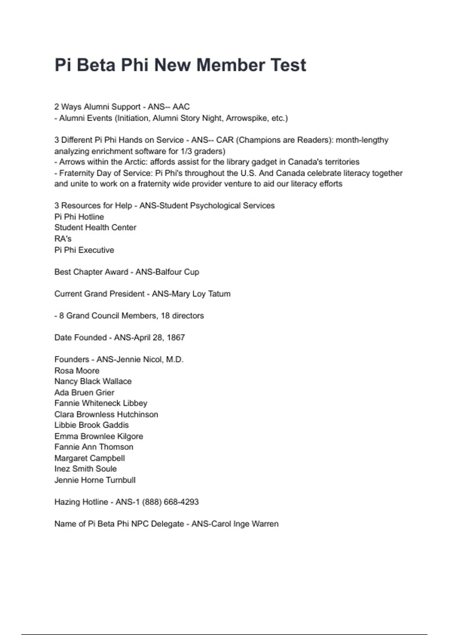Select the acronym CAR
225,140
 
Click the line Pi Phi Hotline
79,217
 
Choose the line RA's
63,239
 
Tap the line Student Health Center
95,227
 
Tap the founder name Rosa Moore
77,371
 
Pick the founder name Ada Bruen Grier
84,393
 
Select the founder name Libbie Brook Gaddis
91,425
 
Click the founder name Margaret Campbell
89,458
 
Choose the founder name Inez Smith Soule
85,469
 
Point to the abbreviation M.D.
175,359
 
